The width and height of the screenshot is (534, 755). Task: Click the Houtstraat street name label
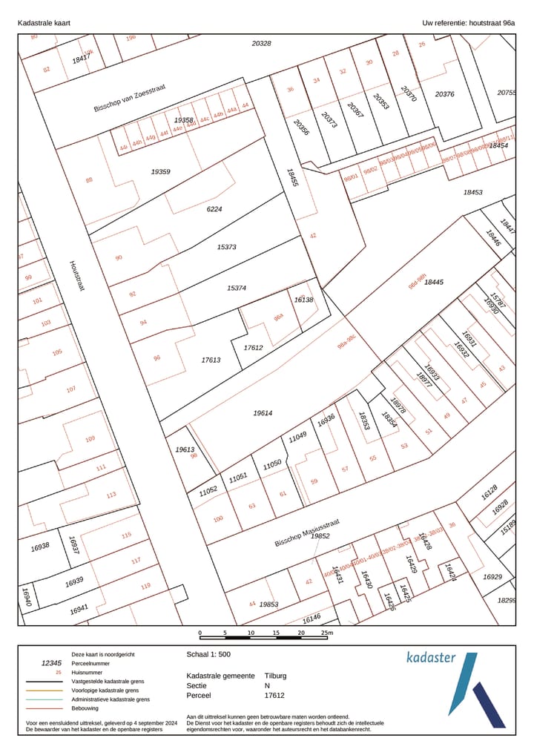[77, 275]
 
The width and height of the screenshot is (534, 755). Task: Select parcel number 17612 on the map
[254, 347]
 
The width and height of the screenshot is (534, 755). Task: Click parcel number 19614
[263, 412]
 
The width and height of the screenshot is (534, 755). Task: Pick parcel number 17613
[211, 360]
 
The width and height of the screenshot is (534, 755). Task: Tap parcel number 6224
[214, 209]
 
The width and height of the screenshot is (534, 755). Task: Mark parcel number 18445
[434, 282]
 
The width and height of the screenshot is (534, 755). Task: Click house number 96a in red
[278, 317]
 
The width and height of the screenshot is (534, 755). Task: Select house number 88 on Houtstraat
[89, 179]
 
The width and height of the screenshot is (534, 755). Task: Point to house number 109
[90, 438]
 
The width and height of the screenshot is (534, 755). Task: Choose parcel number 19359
[160, 171]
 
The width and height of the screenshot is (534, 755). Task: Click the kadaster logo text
[431, 657]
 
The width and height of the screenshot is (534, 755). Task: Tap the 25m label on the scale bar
[326, 633]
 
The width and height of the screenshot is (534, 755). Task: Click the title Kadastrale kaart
[44, 23]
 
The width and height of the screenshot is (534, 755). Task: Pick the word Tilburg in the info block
[275, 676]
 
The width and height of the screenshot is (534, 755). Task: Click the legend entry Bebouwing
[85, 708]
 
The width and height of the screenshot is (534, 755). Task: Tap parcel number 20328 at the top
[261, 44]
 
